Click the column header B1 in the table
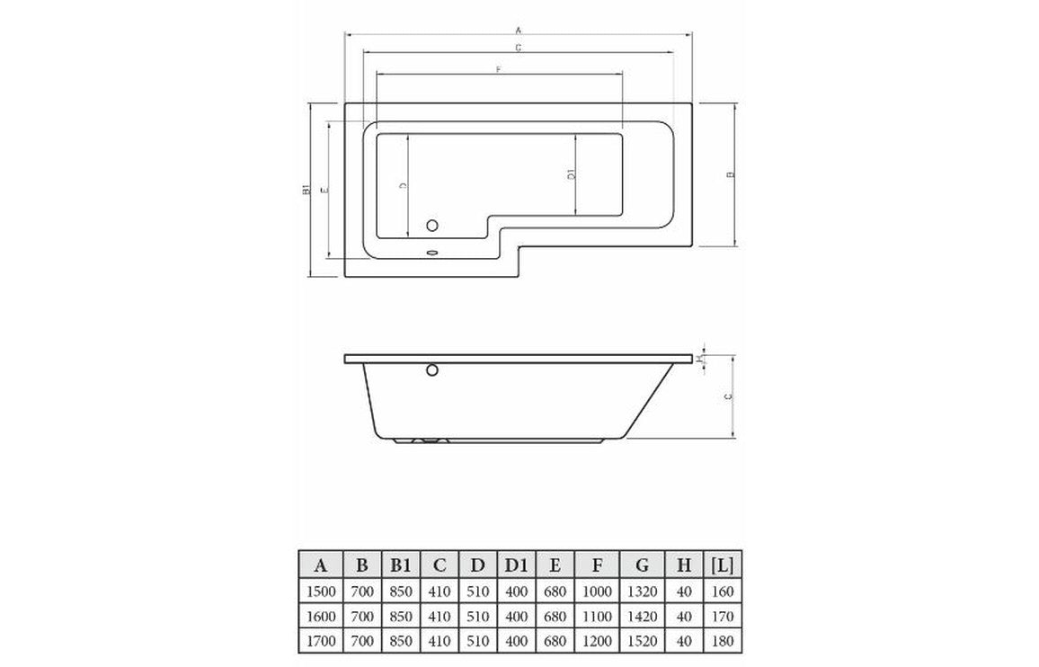pos(402,565)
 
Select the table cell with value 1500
pos(319,591)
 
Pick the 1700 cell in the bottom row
pos(319,641)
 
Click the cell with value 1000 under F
pos(597,591)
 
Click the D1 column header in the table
pos(515,565)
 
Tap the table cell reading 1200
pos(597,641)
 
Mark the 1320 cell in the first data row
pos(642,591)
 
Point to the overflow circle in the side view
pos(431,369)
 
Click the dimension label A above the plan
pos(519,30)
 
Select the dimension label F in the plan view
pos(497,69)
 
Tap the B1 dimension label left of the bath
pos(306,191)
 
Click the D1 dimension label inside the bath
pos(571,175)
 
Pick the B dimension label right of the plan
pos(730,174)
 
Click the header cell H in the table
pos(684,565)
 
